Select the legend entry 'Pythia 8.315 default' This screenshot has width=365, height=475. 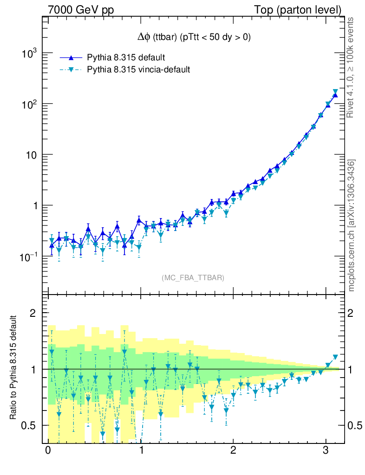pyautogui.click(x=126, y=58)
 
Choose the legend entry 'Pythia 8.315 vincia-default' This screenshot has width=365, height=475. pyautogui.click(x=138, y=70)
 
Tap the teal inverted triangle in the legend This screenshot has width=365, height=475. pyautogui.click(x=71, y=70)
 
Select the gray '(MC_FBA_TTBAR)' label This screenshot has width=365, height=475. pyautogui.click(x=193, y=278)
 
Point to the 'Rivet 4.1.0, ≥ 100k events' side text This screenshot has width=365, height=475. pyautogui.click(x=352, y=67)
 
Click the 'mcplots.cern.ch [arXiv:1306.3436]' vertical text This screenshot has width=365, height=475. pyautogui.click(x=352, y=225)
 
